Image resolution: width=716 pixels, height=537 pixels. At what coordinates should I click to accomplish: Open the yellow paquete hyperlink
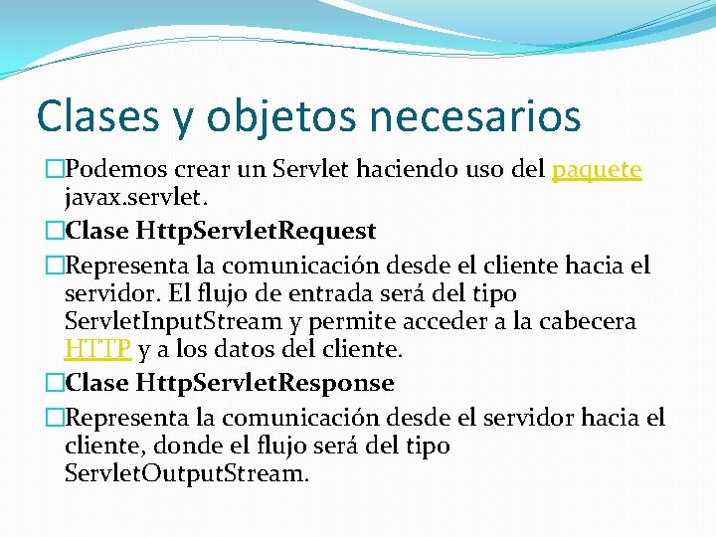(x=597, y=171)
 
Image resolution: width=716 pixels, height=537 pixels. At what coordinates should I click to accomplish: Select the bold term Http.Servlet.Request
(x=257, y=232)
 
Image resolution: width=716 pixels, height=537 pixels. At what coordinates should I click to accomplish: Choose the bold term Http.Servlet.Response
(x=266, y=383)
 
